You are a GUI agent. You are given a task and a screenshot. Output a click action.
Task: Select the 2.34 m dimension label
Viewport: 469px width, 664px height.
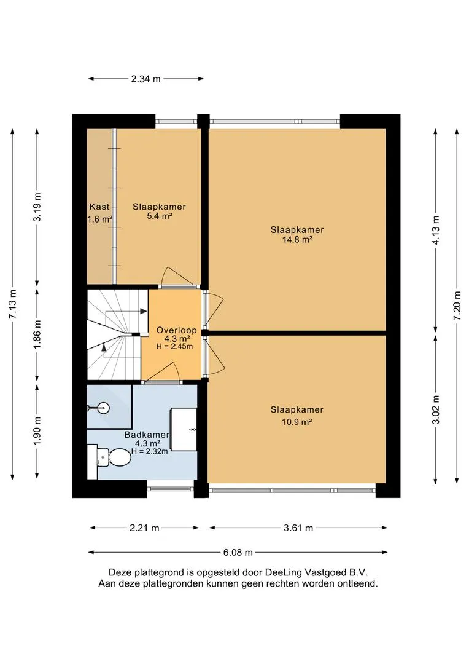[146, 79]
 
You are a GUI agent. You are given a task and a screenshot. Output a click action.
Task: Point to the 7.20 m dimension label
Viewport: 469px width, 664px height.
[457, 306]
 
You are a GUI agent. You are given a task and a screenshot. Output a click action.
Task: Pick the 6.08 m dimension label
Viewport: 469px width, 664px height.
[238, 553]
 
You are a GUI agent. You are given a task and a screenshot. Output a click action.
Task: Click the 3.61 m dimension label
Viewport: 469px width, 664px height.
[298, 528]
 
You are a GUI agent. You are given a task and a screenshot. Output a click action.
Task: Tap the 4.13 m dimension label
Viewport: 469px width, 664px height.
[436, 230]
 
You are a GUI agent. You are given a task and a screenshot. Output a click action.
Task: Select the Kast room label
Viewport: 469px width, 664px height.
[99, 207]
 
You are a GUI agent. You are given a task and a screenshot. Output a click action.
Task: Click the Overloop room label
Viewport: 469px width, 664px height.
[176, 330]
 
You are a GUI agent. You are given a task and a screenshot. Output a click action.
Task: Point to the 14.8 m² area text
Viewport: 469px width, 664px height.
[297, 240]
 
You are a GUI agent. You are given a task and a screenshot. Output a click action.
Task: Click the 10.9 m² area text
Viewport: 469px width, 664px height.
[297, 422]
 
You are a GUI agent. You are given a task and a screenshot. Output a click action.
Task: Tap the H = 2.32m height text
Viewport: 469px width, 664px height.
[149, 451]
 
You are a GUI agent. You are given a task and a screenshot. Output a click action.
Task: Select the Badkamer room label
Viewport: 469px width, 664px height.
[147, 435]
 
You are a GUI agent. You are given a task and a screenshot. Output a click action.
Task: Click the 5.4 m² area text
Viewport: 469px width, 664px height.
[160, 216]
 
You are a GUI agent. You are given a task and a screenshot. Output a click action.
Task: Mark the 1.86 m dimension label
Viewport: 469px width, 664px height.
[37, 334]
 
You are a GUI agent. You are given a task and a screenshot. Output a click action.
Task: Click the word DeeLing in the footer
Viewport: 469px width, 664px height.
[284, 572]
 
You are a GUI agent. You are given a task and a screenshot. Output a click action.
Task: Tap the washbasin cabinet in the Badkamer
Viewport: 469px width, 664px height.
[184, 429]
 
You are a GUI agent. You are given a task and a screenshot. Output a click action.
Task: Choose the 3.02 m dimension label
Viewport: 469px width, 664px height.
[436, 409]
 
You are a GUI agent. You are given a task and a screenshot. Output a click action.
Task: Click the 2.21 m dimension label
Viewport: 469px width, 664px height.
[144, 528]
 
